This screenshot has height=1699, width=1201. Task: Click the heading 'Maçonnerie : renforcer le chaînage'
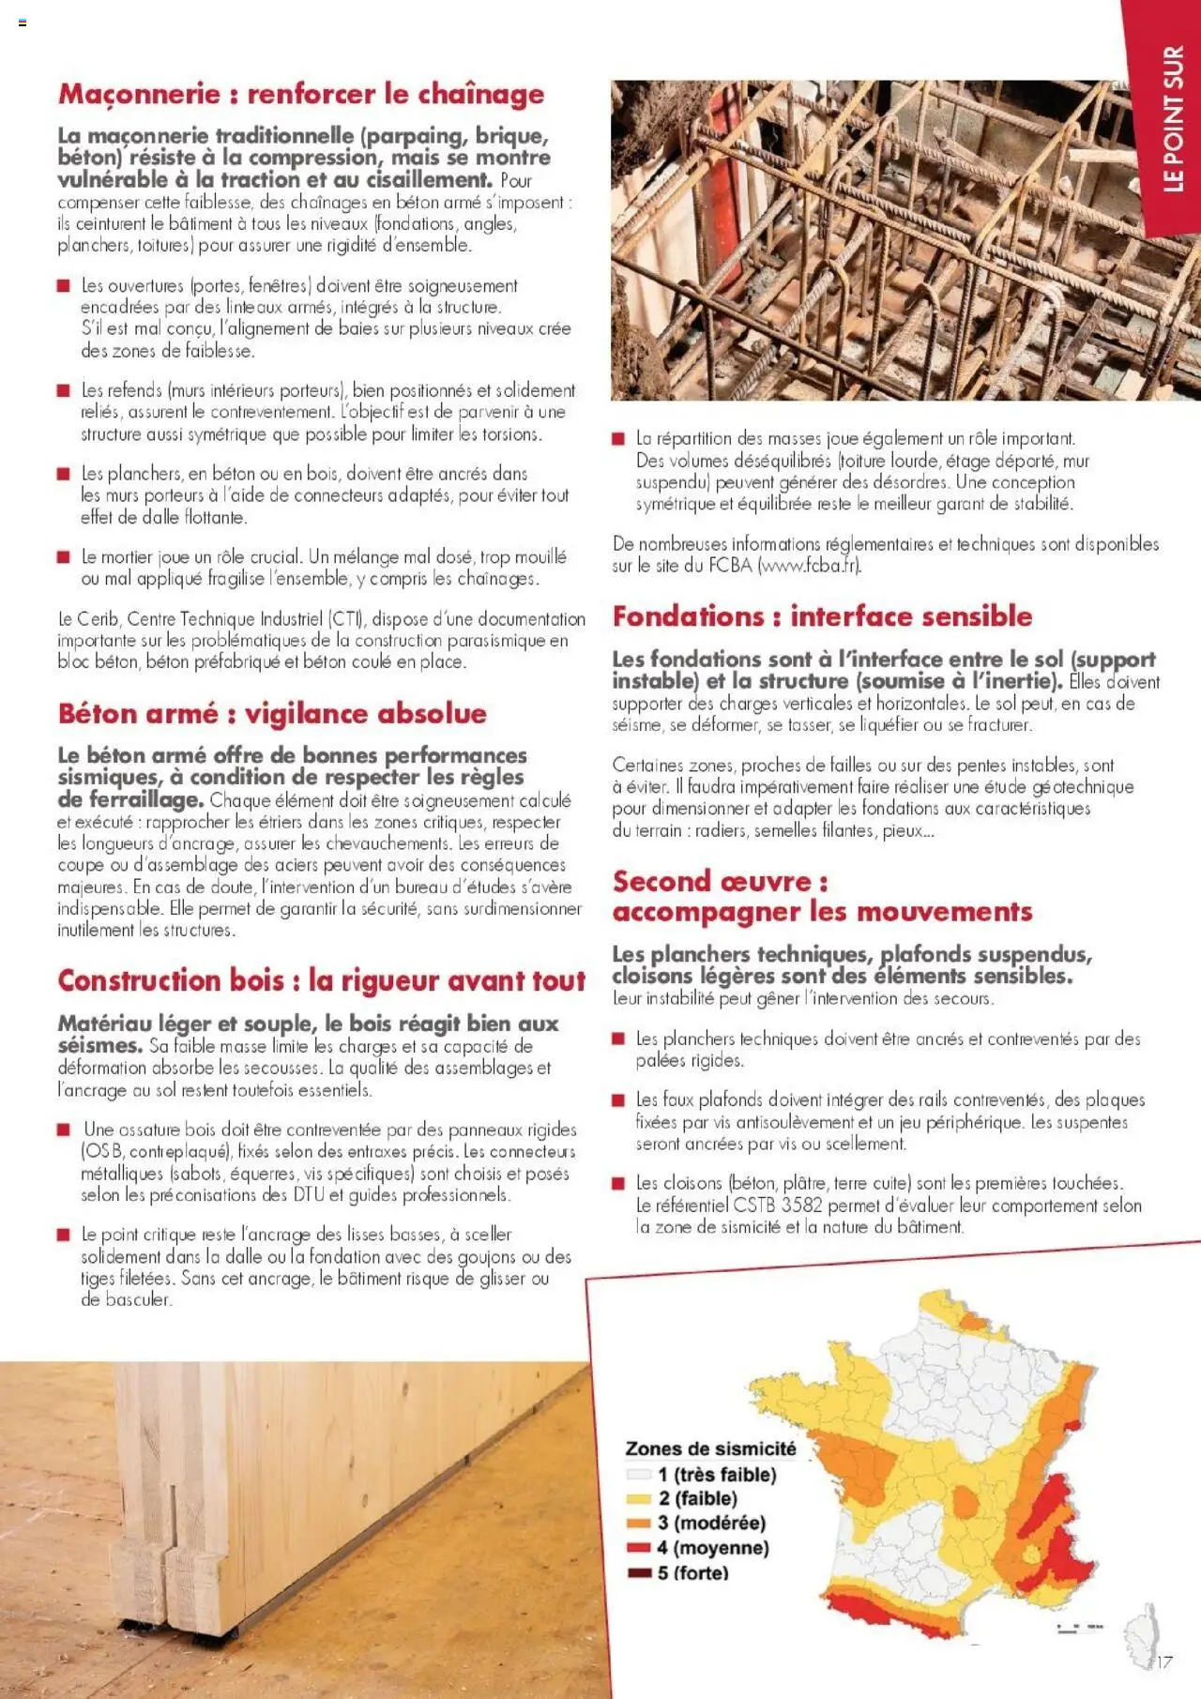click(x=300, y=94)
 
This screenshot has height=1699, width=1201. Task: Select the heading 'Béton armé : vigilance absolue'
click(x=272, y=714)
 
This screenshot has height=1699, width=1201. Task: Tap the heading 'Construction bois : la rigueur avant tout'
click(x=321, y=980)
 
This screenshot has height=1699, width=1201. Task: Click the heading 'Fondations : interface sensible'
click(x=822, y=616)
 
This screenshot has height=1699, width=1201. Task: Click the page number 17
click(x=1163, y=1661)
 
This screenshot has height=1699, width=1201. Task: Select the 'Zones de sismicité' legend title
click(x=710, y=1449)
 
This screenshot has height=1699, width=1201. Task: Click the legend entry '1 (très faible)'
click(x=717, y=1475)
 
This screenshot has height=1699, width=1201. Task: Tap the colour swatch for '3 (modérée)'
click(x=638, y=1523)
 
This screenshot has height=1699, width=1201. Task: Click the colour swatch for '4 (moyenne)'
click(x=638, y=1548)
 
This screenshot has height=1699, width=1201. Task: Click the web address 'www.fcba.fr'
click(x=808, y=566)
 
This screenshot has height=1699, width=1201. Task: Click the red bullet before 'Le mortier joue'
click(x=64, y=557)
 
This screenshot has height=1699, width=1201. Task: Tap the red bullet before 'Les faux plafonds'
click(x=618, y=1100)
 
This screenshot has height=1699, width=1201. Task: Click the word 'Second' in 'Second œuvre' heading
click(x=661, y=882)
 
